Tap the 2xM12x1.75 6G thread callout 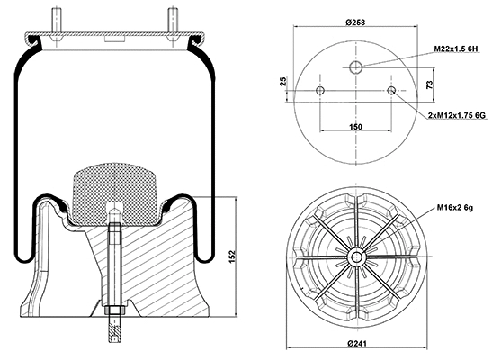tap(455, 116)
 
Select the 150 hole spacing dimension tap(356, 128)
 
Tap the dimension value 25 tap(283, 83)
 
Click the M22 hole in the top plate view tap(356, 68)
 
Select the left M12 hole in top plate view tap(321, 91)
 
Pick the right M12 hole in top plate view tap(391, 91)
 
